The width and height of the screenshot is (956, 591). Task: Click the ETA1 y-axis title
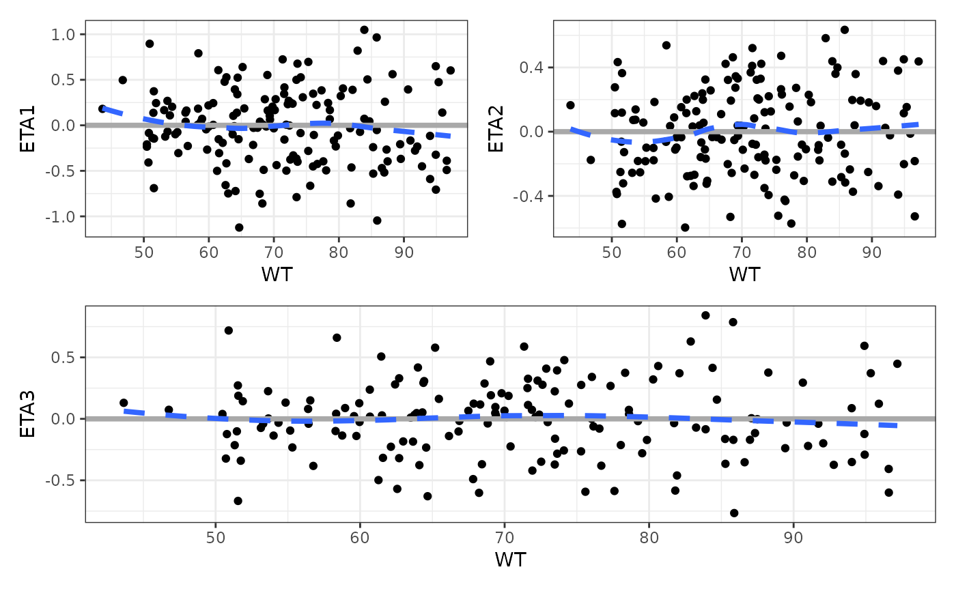point(27,128)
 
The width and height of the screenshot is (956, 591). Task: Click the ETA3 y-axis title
point(27,414)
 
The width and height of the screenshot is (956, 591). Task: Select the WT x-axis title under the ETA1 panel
point(276,274)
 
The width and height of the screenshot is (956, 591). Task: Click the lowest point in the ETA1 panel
point(239,227)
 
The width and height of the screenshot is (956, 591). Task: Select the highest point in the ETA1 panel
point(364,30)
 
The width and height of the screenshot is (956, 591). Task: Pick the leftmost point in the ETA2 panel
point(570,105)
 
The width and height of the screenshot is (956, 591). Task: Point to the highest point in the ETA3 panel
point(705,315)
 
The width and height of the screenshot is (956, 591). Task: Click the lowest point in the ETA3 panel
point(733,513)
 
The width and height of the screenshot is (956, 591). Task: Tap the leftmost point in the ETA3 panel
point(124,403)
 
